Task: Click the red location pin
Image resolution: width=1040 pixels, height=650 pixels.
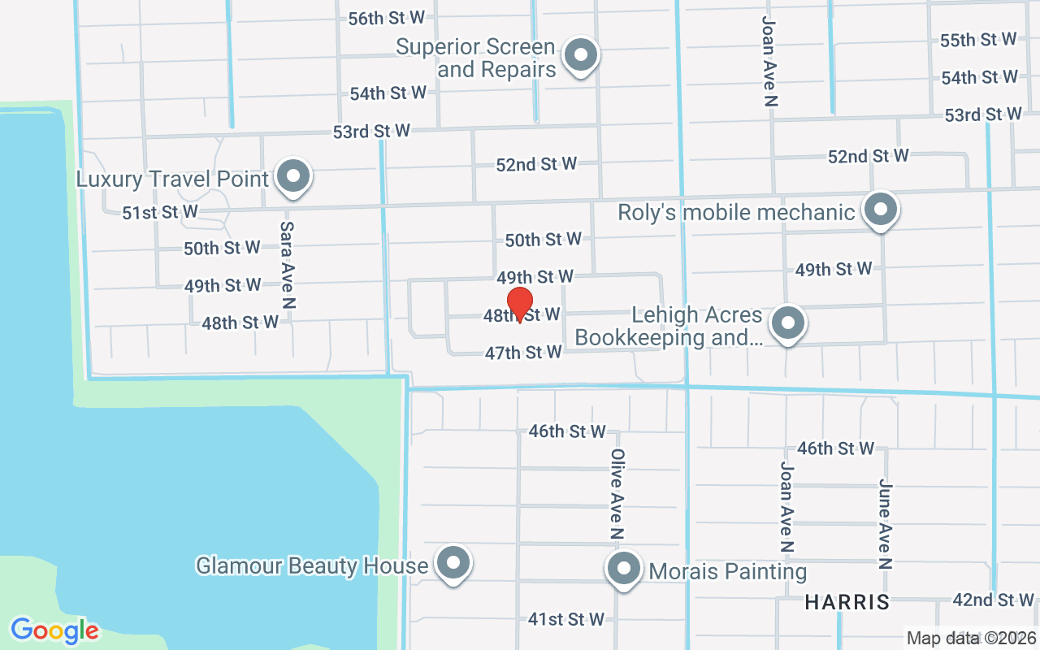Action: [519, 305]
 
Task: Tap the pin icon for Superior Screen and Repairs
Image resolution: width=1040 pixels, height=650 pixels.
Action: [580, 56]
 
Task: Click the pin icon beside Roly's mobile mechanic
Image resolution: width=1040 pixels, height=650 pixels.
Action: [880, 210]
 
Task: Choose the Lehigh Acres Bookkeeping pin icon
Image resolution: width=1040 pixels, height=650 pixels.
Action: [786, 323]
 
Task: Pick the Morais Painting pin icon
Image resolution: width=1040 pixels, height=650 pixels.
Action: [624, 569]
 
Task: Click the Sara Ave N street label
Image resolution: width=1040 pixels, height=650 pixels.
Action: [287, 265]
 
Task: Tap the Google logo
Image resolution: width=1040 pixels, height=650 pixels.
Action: [54, 630]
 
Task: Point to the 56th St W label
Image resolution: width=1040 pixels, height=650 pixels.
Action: [387, 18]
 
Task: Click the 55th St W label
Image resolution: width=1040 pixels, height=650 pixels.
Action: [978, 40]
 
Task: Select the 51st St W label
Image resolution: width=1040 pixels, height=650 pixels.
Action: [160, 212]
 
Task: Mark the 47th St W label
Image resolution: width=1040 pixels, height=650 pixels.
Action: [523, 353]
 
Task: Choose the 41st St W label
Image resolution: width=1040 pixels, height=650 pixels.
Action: [566, 619]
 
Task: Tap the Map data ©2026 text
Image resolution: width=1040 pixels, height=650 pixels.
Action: [972, 638]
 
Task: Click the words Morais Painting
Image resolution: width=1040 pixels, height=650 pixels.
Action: [728, 571]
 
